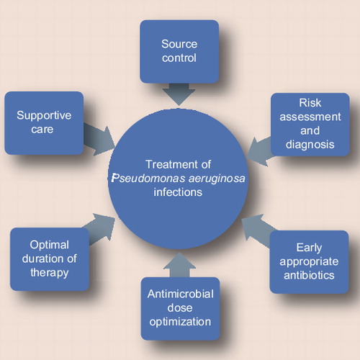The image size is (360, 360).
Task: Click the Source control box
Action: pos(179,52)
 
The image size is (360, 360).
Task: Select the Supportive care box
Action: pos(44,123)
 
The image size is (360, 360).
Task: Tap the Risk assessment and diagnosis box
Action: pos(310,125)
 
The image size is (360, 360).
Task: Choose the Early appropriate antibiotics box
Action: pos(309,262)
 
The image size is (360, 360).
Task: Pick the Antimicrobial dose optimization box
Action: pos(180,309)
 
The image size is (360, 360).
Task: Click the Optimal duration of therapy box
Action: pos(50,259)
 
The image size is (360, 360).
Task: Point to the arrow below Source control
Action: pos(179,94)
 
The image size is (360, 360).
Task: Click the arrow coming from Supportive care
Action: pos(99,140)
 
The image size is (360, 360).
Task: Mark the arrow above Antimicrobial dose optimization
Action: pos(179,265)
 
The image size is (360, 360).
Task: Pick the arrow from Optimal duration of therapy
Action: pos(99,228)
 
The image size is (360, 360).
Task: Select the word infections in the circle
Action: pos(178,192)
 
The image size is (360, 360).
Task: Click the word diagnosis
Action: pos(310,145)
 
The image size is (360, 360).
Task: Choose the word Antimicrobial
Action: pos(181,294)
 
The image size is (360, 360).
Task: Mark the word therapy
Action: pos(50,273)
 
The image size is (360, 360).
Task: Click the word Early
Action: pos(309,248)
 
